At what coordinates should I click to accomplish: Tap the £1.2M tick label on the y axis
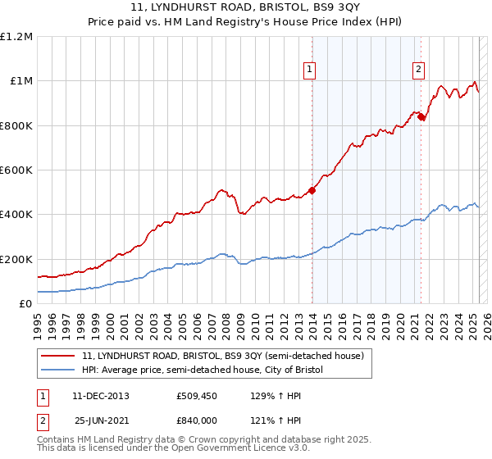click(x=16, y=37)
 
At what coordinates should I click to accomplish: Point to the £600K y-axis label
click(x=16, y=170)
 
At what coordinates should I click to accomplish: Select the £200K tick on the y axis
click(x=16, y=259)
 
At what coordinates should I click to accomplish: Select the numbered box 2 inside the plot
click(x=418, y=70)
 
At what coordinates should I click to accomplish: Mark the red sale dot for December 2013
click(x=312, y=190)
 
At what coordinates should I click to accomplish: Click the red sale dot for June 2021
click(x=421, y=116)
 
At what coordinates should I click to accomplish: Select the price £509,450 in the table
click(x=195, y=396)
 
